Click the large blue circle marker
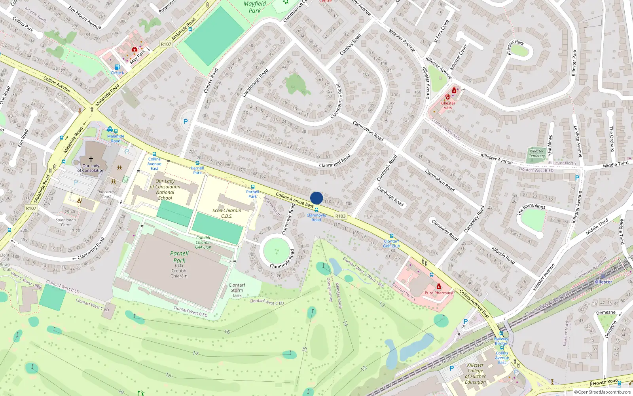tap(316, 198)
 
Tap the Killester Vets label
tap(448, 105)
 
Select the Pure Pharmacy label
tap(438, 293)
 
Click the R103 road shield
tap(340, 216)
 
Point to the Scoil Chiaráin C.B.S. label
tap(227, 213)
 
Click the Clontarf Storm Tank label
tap(237, 290)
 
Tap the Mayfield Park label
tap(255, 7)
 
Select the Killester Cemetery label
tap(537, 154)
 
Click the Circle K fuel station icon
tap(117, 67)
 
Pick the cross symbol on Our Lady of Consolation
tap(91, 159)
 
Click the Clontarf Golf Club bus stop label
tap(391, 244)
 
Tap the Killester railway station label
tap(603, 282)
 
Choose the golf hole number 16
tap(227, 332)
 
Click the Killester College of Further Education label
tap(475, 373)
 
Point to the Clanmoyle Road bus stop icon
tap(316, 210)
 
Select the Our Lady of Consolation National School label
tap(165, 189)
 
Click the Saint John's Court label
tap(66, 222)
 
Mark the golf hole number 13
tap(381, 304)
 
